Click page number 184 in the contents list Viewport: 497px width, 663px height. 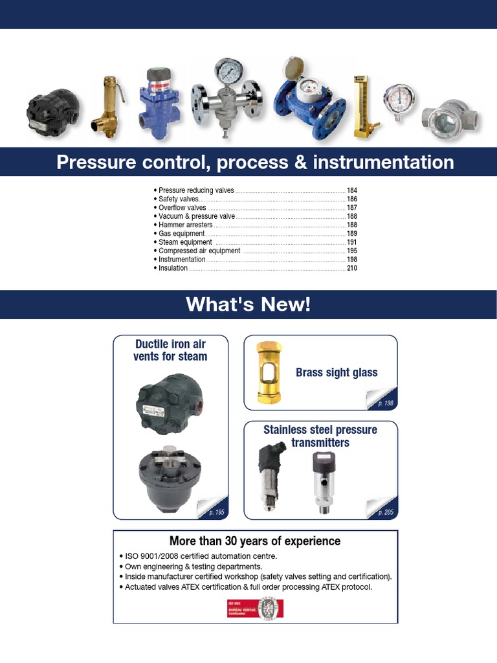pos(352,191)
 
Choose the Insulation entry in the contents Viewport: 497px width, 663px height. pos(173,267)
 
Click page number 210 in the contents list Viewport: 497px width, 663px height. pos(352,267)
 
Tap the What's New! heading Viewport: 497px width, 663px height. pos(248,304)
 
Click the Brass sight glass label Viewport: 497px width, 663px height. pos(337,372)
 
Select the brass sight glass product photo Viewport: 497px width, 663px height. pos(265,372)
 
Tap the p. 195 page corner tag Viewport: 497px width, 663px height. pos(217,512)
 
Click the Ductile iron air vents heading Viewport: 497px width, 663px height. pos(170,350)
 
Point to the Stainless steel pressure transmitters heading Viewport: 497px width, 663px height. pos(320,436)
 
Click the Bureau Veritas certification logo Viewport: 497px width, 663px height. pos(255,608)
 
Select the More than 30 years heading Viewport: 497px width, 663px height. pos(255,541)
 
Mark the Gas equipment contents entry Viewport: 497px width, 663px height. pos(181,233)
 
